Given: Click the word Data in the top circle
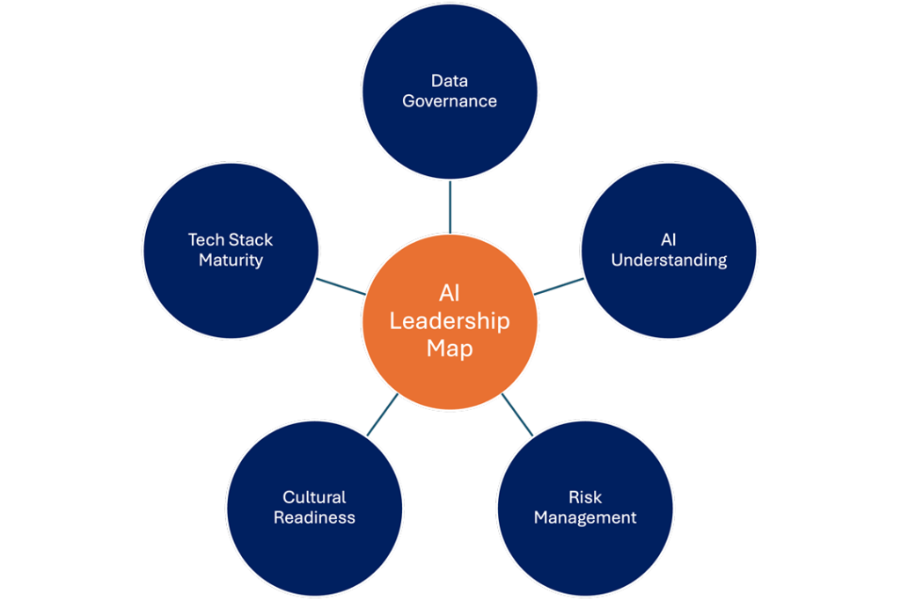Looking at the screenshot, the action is tap(450, 80).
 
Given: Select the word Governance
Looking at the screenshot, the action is tap(450, 101).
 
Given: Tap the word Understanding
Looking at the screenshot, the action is tap(669, 260).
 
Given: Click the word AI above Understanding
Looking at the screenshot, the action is tap(669, 239).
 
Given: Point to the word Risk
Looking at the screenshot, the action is tap(585, 497).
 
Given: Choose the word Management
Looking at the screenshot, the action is tap(585, 517).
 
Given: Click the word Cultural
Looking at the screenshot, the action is tap(314, 497).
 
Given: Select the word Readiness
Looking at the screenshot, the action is tap(314, 517).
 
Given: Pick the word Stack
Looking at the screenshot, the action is tap(251, 239).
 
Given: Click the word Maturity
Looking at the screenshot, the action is tap(231, 260).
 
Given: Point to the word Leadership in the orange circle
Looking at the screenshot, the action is tap(450, 321).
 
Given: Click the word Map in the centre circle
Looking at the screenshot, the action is tap(450, 348).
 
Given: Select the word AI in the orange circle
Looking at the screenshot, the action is tap(450, 294).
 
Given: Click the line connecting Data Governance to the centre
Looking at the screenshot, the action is tap(450, 207).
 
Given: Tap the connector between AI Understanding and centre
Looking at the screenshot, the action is tap(559, 287).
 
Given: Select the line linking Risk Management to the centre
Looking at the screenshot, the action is tap(517, 414).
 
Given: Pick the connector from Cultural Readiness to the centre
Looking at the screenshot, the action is tap(382, 414).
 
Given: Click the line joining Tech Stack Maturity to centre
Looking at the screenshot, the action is tap(341, 287).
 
